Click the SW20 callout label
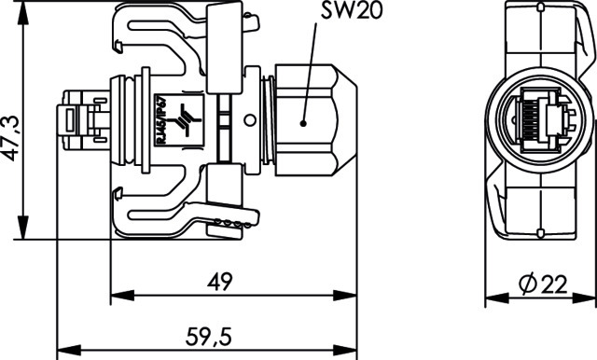coord(351,10)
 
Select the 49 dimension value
coord(220,282)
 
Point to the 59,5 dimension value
coord(209,337)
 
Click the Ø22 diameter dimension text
coord(543,284)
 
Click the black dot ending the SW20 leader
coord(303,123)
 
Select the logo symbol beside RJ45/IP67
coord(185,120)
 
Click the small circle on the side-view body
coord(250,120)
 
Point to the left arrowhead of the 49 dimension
coord(122,296)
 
